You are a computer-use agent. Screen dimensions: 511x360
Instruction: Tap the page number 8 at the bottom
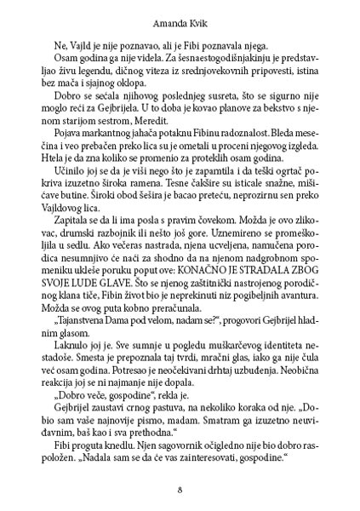point(180,489)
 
